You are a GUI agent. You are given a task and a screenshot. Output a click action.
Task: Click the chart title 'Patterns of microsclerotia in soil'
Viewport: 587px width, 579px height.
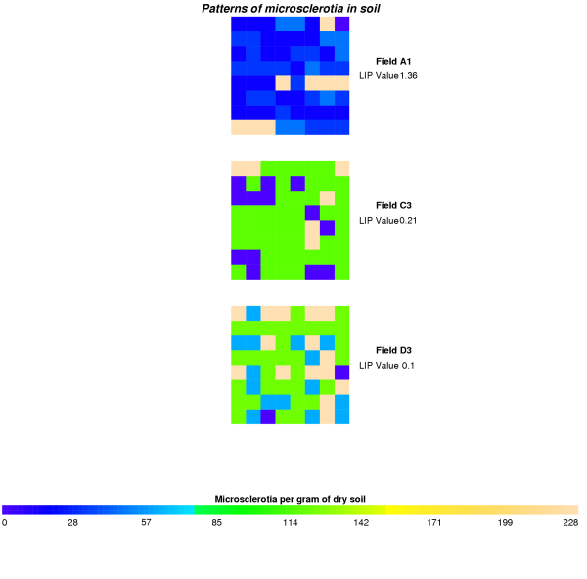(292, 9)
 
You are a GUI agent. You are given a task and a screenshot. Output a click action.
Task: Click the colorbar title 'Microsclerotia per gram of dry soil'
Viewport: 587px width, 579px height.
(291, 499)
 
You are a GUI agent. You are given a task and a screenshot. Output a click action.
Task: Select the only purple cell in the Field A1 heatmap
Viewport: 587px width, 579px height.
(342, 23)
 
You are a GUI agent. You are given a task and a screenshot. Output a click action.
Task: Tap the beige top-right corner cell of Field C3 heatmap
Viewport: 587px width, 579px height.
(342, 168)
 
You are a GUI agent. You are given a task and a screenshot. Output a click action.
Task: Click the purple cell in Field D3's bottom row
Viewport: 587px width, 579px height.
(267, 417)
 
